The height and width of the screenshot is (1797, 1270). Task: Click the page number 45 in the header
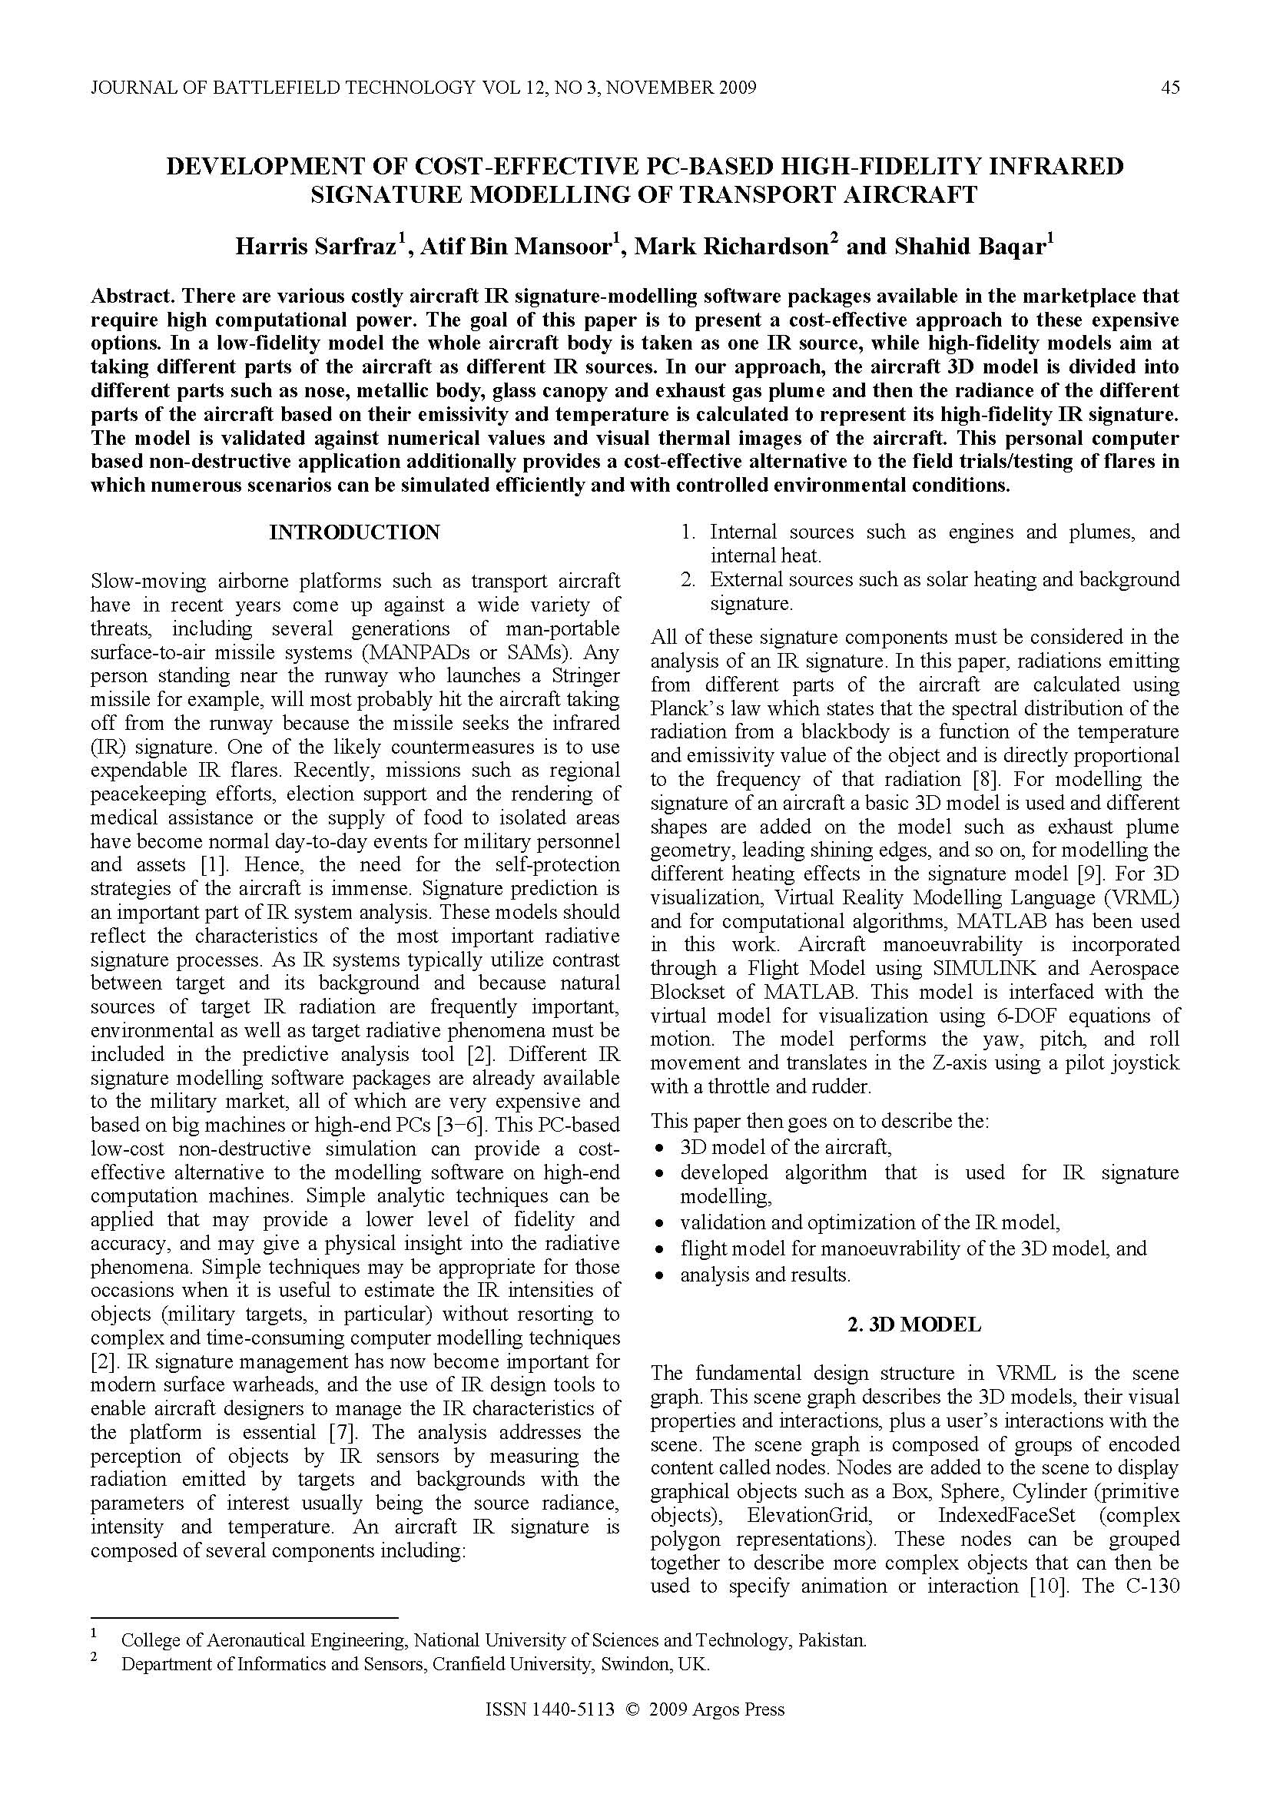1170,88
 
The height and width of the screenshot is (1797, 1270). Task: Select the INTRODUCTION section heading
354,533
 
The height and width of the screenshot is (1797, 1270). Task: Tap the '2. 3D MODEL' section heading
914,1325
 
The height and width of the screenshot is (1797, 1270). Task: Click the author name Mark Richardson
730,247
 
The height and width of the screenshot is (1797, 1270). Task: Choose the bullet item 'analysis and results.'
764,1275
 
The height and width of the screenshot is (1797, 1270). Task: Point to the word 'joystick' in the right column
1139,1063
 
